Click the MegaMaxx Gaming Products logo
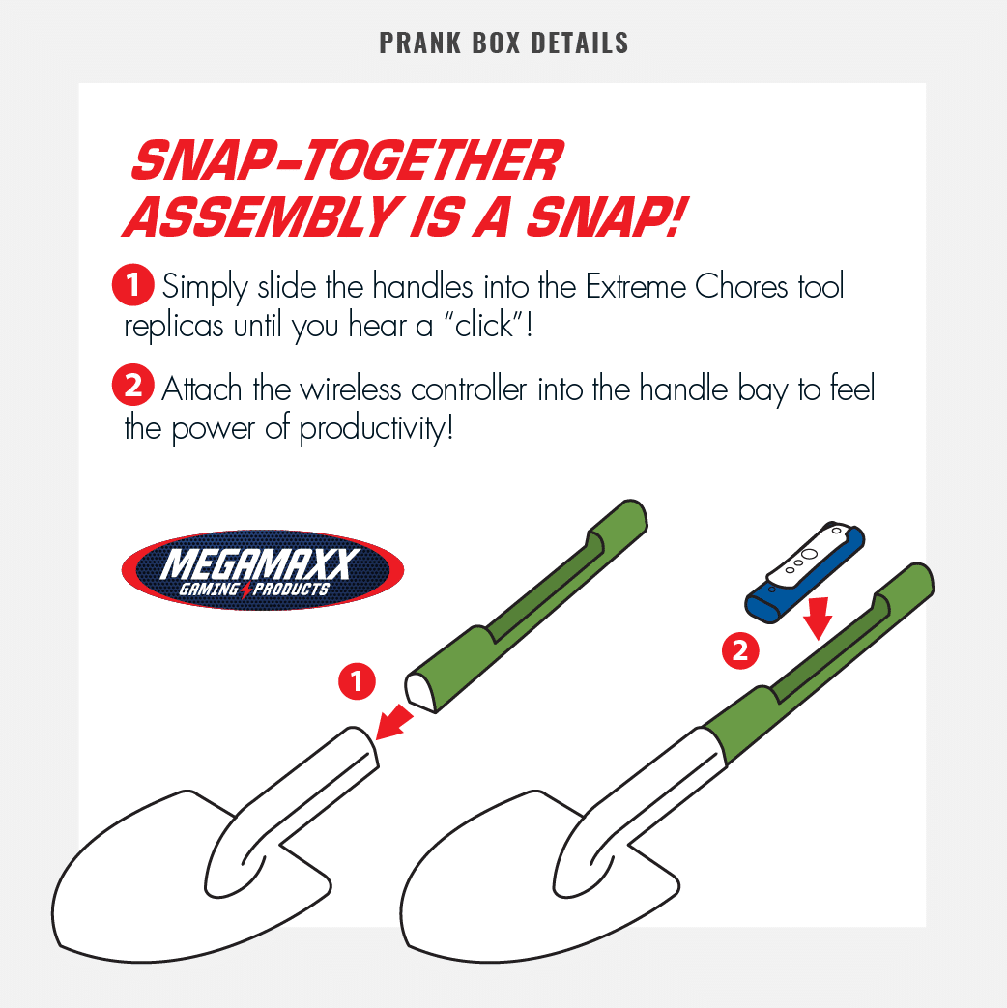pos(262,569)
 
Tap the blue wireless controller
pos(804,572)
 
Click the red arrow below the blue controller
pos(818,619)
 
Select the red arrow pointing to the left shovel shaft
pos(394,721)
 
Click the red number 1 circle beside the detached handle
pos(357,681)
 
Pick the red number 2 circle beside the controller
pos(740,650)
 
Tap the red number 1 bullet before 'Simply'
pos(133,284)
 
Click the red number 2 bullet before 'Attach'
pos(133,385)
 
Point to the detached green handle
pos(526,606)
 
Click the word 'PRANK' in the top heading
pos(420,43)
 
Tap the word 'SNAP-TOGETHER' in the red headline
pos(347,160)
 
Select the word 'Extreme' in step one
pos(635,286)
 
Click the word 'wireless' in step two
pos(351,389)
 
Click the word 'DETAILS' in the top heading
pos(580,43)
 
